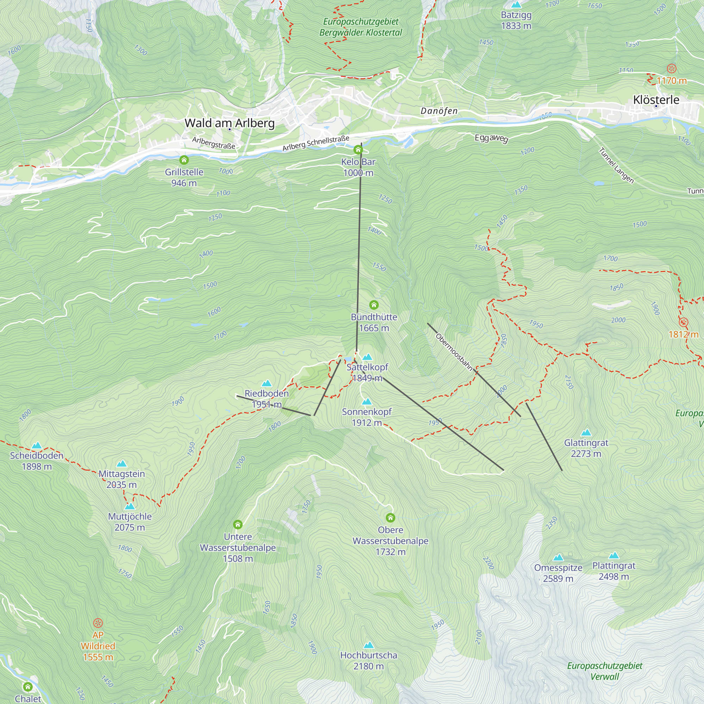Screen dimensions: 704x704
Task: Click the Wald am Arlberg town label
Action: click(x=230, y=123)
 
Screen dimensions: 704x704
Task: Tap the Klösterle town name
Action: click(x=656, y=100)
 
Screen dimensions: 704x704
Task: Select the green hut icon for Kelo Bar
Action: click(x=358, y=150)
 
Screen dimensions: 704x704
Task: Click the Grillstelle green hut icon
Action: click(x=184, y=160)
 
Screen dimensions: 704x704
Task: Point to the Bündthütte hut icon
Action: click(x=374, y=304)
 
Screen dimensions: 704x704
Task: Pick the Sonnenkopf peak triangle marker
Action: click(x=366, y=402)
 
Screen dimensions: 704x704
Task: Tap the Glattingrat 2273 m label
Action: click(x=586, y=448)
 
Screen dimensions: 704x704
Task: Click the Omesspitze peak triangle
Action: click(x=558, y=558)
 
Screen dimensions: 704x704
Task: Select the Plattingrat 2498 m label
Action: click(x=614, y=571)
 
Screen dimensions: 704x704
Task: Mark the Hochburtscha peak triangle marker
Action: click(x=369, y=645)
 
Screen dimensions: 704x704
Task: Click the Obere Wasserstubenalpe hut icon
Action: click(x=390, y=518)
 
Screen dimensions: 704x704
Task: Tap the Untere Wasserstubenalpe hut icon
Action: click(x=238, y=525)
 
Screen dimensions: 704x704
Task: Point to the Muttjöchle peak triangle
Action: click(x=130, y=506)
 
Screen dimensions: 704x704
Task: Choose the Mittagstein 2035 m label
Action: click(x=122, y=479)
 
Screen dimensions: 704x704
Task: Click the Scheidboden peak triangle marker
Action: click(x=37, y=445)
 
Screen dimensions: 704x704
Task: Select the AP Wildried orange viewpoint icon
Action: click(x=98, y=623)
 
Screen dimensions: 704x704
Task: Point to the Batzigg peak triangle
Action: click(x=516, y=5)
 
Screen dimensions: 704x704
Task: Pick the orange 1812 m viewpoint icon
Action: click(x=684, y=322)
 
